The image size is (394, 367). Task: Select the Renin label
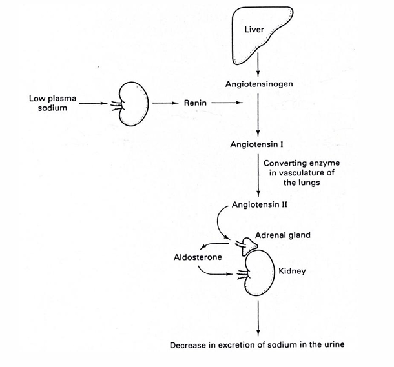coord(195,103)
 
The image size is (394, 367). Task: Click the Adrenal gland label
coord(282,235)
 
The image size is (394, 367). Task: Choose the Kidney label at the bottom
coord(291,272)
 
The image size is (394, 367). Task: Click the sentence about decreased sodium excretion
coord(258,344)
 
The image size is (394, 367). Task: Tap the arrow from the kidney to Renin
coord(164,103)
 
